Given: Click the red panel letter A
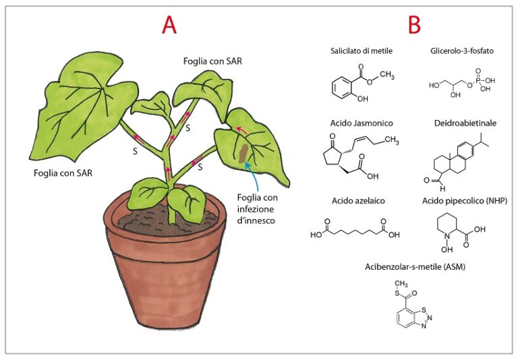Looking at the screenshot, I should tap(169, 25).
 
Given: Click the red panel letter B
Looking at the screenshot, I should tap(414, 25).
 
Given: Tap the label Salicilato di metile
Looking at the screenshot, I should tap(362, 51).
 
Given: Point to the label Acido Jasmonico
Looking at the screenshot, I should tap(362, 123).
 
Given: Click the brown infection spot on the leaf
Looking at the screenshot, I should tap(241, 152).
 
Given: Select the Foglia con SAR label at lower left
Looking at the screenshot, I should tap(63, 173).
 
